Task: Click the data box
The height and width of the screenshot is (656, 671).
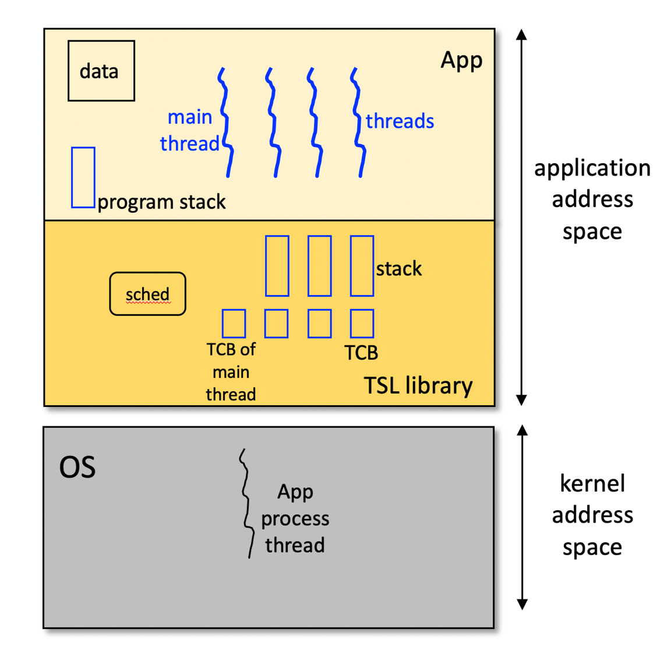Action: pyautogui.click(x=101, y=71)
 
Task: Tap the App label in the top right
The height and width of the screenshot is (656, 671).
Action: pyautogui.click(x=461, y=60)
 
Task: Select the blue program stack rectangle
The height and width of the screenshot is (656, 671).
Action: pyautogui.click(x=83, y=177)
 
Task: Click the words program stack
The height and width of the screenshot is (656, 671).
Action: pyautogui.click(x=161, y=202)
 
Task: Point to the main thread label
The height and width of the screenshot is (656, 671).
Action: pyautogui.click(x=189, y=130)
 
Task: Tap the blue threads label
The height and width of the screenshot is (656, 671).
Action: pyautogui.click(x=400, y=121)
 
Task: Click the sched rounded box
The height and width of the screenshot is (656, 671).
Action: pyautogui.click(x=147, y=294)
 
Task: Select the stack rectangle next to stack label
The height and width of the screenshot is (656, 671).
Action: pyautogui.click(x=362, y=266)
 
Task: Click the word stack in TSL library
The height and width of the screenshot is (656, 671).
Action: pyautogui.click(x=398, y=269)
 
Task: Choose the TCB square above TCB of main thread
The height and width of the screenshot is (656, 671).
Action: pyautogui.click(x=234, y=324)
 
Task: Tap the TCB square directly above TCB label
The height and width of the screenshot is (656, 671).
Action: pyautogui.click(x=362, y=324)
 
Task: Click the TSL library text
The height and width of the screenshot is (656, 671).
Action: pyautogui.click(x=418, y=385)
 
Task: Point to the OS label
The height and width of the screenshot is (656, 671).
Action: pyautogui.click(x=77, y=467)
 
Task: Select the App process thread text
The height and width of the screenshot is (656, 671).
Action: pyautogui.click(x=295, y=518)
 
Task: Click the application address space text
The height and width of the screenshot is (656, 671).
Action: pyautogui.click(x=592, y=199)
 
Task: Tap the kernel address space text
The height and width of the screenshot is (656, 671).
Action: pyautogui.click(x=592, y=515)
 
